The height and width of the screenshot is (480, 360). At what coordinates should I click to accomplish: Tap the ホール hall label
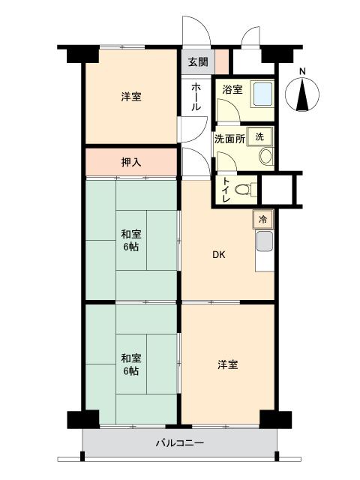click(196, 97)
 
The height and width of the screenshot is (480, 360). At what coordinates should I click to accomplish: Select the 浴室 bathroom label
click(232, 90)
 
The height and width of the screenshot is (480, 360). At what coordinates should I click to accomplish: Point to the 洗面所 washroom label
click(229, 139)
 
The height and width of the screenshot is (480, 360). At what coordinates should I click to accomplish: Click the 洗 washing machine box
click(259, 136)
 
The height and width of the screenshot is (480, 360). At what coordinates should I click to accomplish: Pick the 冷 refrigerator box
click(262, 220)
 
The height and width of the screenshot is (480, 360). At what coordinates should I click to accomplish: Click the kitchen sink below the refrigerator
click(264, 242)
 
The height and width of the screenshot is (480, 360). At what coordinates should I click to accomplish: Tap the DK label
click(217, 254)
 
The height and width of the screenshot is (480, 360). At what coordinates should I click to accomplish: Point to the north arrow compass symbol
click(303, 95)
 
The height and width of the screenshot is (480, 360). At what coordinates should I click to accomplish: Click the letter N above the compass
click(302, 72)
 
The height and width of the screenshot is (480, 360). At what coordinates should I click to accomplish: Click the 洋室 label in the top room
click(130, 97)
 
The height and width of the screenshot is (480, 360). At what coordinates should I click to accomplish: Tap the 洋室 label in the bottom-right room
click(228, 364)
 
